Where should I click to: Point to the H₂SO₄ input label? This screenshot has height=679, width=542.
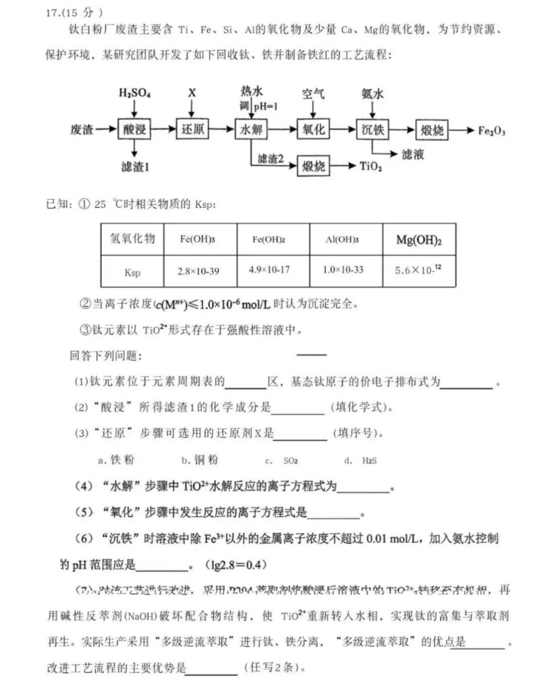tap(134, 94)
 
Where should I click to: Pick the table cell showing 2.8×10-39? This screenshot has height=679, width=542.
tap(198, 272)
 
